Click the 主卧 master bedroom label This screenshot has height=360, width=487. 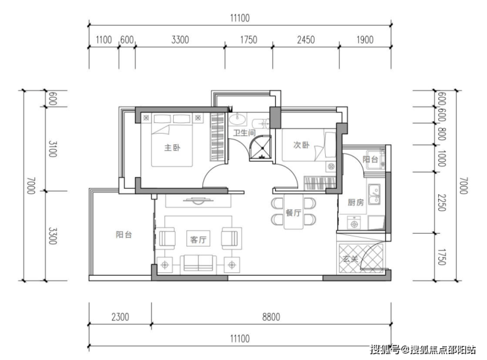pyautogui.click(x=172, y=147)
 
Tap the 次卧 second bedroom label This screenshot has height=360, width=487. pyautogui.click(x=301, y=145)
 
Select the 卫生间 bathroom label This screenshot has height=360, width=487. pyautogui.click(x=244, y=133)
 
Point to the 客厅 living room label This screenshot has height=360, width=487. pyautogui.click(x=198, y=239)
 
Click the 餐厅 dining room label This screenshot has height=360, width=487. pyautogui.click(x=294, y=213)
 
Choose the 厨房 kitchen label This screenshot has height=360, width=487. pyautogui.click(x=355, y=203)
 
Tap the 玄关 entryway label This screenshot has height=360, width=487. pyautogui.click(x=351, y=259)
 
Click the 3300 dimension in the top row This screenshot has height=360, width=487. pyautogui.click(x=180, y=39)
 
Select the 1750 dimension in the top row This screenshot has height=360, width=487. pyautogui.click(x=249, y=39)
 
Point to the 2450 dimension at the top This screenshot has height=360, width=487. pyautogui.click(x=305, y=39)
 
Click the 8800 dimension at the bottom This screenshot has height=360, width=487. pyautogui.click(x=271, y=317)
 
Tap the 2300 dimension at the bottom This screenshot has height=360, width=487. pyautogui.click(x=120, y=317)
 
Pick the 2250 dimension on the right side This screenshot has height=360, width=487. pyautogui.click(x=442, y=203)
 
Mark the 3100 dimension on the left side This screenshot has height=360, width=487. pyautogui.click(x=52, y=149)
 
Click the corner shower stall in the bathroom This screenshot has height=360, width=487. pyautogui.click(x=261, y=148)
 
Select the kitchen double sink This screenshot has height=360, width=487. pyautogui.click(x=374, y=194)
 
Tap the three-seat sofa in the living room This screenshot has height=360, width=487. pyautogui.click(x=199, y=263)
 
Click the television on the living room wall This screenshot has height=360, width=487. pyautogui.click(x=198, y=201)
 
